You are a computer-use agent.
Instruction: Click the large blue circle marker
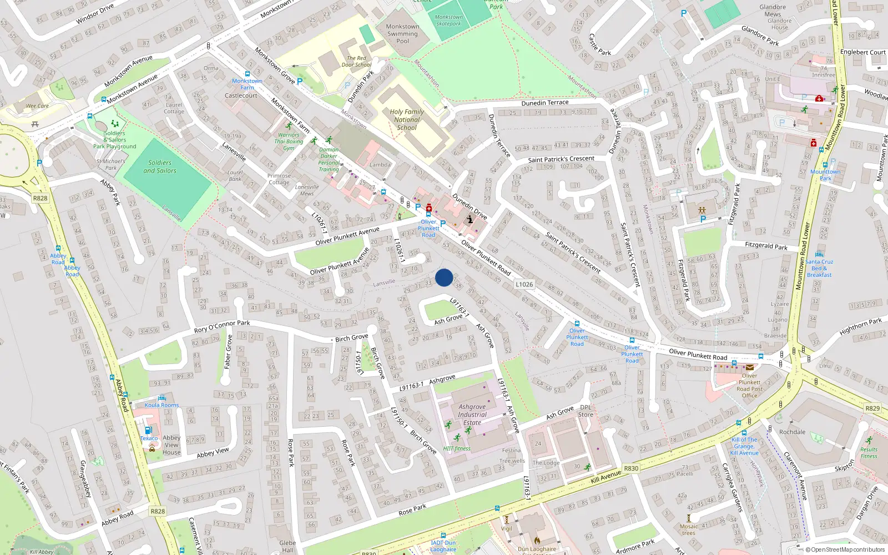pos(444,277)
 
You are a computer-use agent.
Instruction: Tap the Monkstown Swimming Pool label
pos(403,34)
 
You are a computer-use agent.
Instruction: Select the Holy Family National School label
pos(407,119)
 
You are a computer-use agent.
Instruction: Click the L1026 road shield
pos(524,284)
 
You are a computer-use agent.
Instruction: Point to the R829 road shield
pos(872,408)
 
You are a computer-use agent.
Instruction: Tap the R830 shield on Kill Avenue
pos(631,468)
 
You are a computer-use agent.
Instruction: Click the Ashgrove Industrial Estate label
pos(472,415)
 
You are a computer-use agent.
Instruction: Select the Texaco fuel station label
pos(149,438)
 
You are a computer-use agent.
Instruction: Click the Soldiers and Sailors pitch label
pos(160,167)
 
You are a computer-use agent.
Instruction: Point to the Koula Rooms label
pos(162,405)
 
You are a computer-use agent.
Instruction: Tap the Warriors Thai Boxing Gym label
pos(289,141)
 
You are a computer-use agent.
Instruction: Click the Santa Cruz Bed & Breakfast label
pos(820,268)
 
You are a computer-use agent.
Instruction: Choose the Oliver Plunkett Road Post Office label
pos(749,385)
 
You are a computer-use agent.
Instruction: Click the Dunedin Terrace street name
pos(545,103)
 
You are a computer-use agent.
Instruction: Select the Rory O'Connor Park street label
pos(222,327)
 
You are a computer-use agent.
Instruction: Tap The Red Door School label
pos(356,61)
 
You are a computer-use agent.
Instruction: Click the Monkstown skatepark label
pos(449,21)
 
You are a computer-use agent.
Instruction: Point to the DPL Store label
pos(586,411)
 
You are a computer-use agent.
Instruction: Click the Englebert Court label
pos(862,52)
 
